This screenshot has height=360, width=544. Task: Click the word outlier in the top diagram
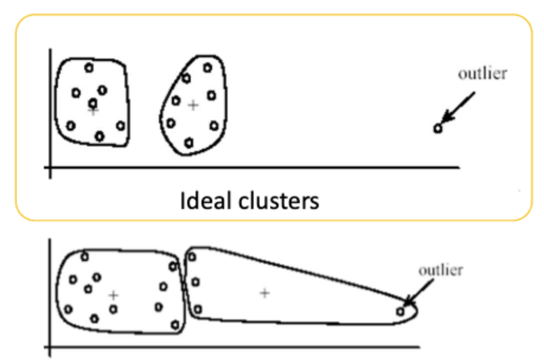pos(482,74)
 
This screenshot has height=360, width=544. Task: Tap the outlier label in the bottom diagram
pos(440,271)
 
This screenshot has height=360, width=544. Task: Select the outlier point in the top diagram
pos(438,128)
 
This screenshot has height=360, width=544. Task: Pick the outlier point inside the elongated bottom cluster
pos(401,310)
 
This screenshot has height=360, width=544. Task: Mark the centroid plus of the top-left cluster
pos(93,111)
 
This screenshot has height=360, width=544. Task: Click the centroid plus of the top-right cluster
pos(192,105)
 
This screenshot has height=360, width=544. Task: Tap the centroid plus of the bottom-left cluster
pos(113,294)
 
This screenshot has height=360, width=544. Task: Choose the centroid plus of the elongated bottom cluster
pos(264,292)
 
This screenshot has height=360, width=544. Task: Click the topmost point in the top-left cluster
pos(89,67)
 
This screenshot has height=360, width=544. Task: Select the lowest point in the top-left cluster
pos(100,136)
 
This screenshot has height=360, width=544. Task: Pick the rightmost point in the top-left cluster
pos(121,126)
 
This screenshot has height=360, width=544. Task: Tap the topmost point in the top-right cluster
pos(207,67)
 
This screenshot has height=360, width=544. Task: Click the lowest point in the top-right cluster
pos(189,143)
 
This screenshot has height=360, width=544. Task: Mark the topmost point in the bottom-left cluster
pos(85,256)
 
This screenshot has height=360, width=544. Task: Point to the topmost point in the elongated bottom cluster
pos(191,256)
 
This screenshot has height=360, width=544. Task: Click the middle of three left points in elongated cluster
pos(196,282)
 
